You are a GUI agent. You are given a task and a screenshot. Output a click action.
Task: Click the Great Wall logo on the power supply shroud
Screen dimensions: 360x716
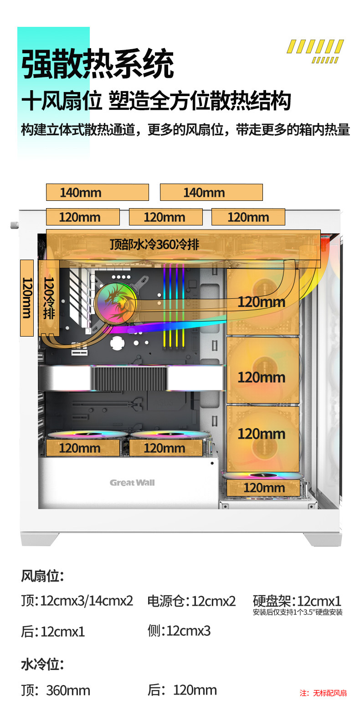pyautogui.click(x=132, y=483)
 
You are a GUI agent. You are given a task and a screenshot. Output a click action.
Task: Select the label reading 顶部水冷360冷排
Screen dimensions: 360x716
pyautogui.click(x=154, y=245)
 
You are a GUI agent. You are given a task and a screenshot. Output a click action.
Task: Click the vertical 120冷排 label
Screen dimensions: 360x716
pyautogui.click(x=49, y=298)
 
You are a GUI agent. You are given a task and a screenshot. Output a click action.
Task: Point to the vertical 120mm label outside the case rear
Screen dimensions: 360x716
pyautogui.click(x=27, y=298)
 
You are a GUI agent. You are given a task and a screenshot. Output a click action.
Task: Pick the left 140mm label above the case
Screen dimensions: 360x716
pyautogui.click(x=97, y=192)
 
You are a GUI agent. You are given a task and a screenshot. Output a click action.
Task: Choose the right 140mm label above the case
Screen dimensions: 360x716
pyautogui.click(x=211, y=192)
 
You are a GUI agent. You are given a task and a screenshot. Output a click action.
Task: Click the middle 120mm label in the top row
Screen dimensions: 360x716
pyautogui.click(x=165, y=217)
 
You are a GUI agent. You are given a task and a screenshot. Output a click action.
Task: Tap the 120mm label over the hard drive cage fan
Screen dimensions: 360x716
pyautogui.click(x=264, y=488)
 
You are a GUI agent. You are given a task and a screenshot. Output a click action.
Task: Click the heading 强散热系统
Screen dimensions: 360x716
pyautogui.click(x=98, y=64)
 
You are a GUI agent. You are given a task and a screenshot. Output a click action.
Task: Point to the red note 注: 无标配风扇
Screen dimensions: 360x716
pyautogui.click(x=323, y=693)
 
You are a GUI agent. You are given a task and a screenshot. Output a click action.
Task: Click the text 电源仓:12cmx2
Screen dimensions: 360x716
pyautogui.click(x=191, y=601)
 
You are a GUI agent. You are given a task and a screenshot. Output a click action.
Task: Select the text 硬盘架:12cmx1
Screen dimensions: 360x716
pyautogui.click(x=297, y=601)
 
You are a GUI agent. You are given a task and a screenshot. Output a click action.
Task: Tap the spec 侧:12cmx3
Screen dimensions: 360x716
pyautogui.click(x=179, y=631)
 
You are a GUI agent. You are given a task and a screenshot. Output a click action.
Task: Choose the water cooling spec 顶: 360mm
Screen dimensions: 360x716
pyautogui.click(x=56, y=690)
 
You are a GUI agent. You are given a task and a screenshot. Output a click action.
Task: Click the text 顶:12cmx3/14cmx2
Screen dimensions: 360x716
pyautogui.click(x=77, y=601)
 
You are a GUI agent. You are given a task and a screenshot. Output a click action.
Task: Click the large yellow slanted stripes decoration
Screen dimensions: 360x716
pyautogui.click(x=315, y=47)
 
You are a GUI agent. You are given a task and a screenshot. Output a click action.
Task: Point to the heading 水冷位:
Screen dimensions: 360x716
pyautogui.click(x=42, y=665)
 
